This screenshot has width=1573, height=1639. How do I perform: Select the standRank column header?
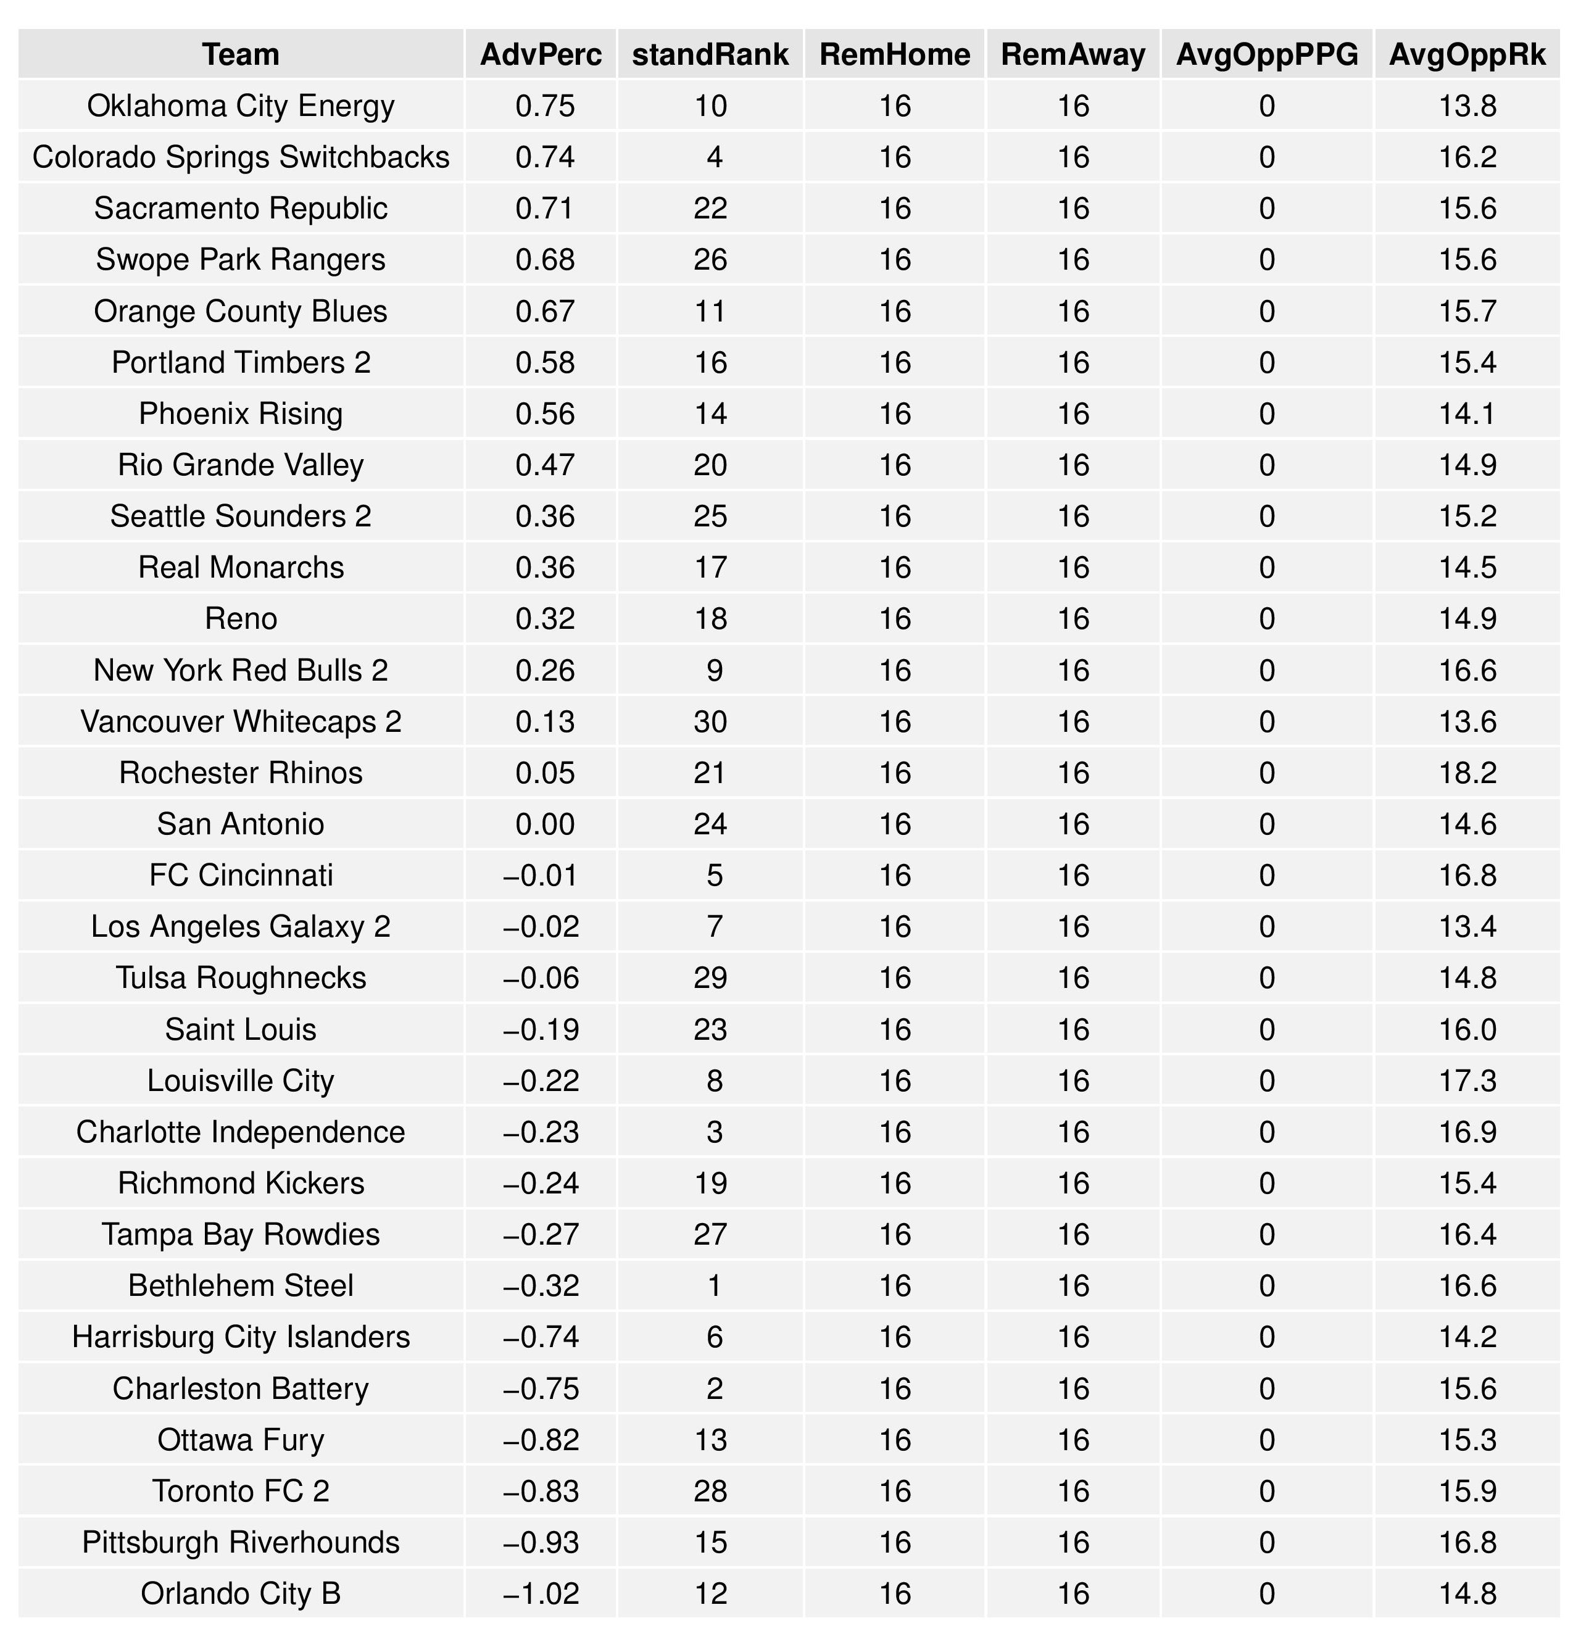[710, 54]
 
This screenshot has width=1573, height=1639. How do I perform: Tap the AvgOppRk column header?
[1467, 54]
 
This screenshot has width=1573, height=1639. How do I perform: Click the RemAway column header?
[1073, 54]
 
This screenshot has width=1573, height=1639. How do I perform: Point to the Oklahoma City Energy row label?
[241, 106]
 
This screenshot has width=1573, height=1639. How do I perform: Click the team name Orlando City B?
[241, 1593]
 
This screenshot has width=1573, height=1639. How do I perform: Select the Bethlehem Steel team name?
[241, 1285]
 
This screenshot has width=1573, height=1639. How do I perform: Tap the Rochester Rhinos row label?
[241, 773]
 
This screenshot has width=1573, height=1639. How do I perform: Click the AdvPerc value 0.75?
[546, 106]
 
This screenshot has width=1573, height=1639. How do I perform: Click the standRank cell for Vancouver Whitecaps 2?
[710, 721]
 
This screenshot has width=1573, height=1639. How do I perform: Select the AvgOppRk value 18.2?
[1467, 773]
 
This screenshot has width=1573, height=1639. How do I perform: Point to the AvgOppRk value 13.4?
[1467, 926]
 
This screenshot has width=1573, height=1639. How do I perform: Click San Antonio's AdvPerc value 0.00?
[546, 824]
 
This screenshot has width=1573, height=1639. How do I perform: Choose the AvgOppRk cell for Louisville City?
[1467, 1081]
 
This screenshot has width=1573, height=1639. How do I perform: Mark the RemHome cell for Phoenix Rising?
[895, 414]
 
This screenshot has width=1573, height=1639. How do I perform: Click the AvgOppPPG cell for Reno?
[1266, 619]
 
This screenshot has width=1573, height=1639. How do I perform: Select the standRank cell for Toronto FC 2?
[710, 1491]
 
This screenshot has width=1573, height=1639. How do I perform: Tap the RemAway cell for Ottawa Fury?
[1073, 1440]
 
